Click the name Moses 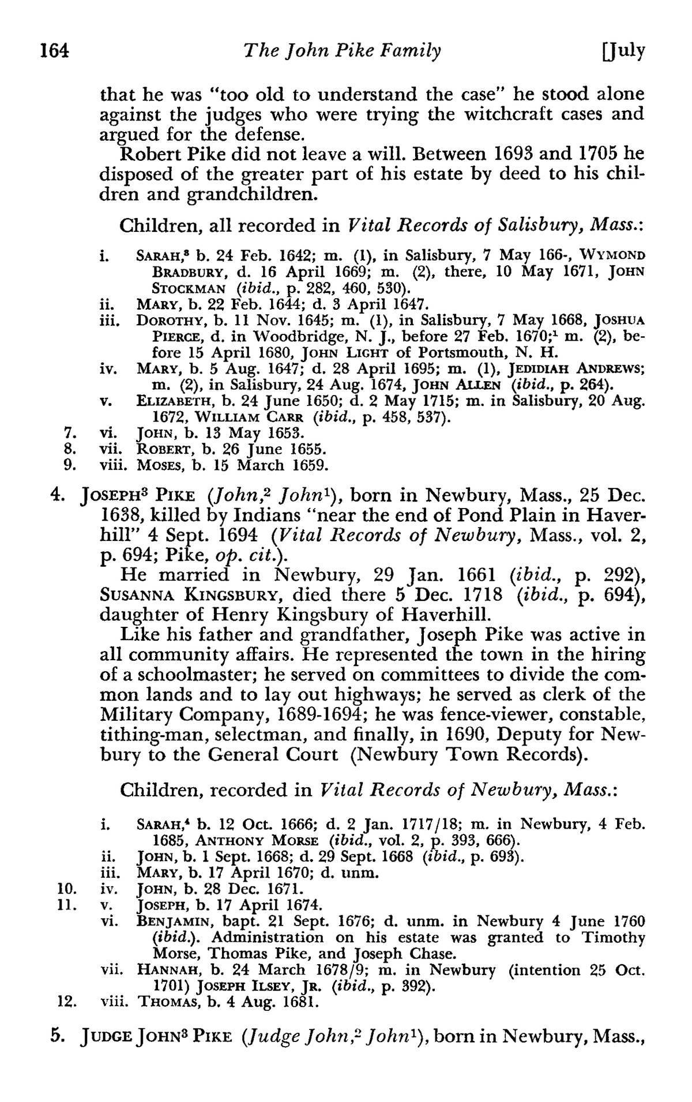pos(156,465)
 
